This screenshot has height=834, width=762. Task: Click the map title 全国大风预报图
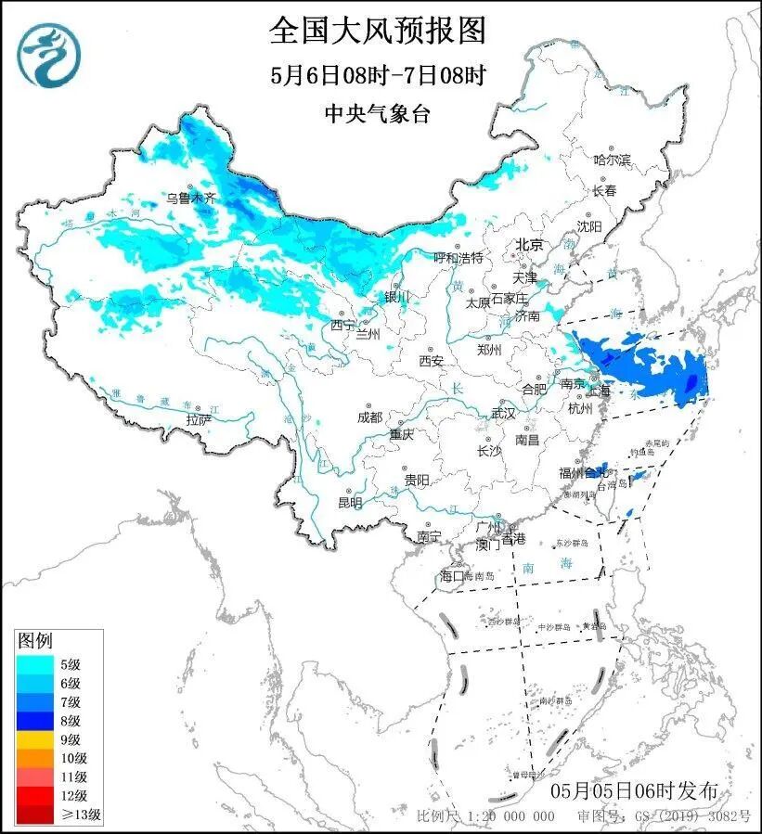coord(378,31)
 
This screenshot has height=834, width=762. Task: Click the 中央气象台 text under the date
coord(378,113)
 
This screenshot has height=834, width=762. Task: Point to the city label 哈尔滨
coord(612,160)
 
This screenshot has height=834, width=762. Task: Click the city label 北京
coord(528,245)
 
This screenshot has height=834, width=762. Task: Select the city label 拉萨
coord(199,419)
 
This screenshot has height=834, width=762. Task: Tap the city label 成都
coord(369,417)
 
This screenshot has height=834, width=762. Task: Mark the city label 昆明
coord(350,503)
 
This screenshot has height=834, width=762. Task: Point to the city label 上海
coord(600,391)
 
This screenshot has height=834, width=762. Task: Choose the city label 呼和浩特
coord(458,257)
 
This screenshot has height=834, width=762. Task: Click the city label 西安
coord(431,360)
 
